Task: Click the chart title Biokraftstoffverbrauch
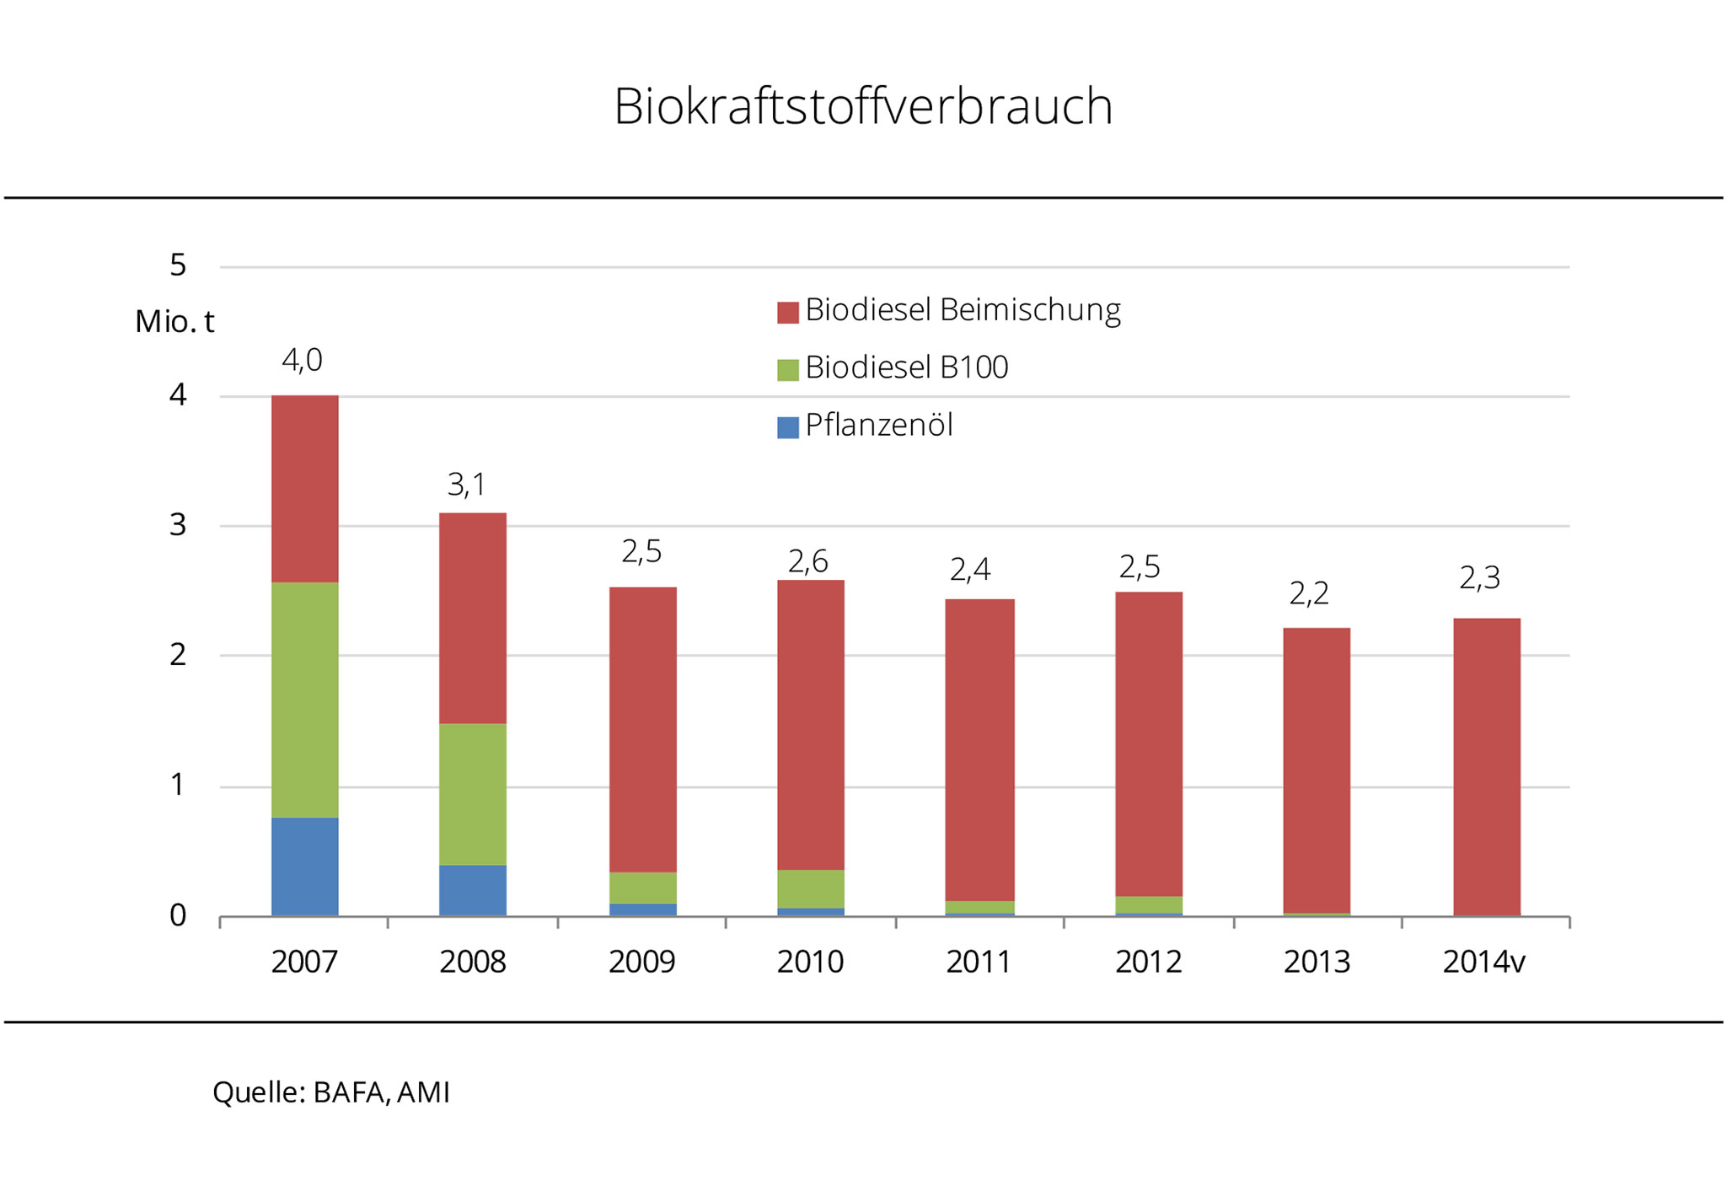coord(863,107)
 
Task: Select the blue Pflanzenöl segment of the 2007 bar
coord(304,866)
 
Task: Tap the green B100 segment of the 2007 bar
coord(304,700)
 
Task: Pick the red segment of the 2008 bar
coord(472,618)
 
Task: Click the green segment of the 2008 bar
coord(472,794)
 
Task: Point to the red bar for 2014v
coord(1486,767)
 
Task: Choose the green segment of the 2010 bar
coord(810,888)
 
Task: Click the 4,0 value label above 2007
coord(302,361)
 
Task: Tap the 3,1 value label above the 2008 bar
coord(466,485)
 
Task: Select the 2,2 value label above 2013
coord(1308,594)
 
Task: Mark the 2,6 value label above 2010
coord(807,561)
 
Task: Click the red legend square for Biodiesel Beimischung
coord(787,313)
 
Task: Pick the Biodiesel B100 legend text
coord(906,367)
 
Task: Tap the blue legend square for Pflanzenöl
coord(787,427)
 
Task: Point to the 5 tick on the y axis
coord(178,265)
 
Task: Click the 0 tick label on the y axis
coord(178,915)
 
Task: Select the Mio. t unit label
coord(174,321)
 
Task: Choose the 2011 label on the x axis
coord(978,962)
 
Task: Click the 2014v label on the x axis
coord(1483,962)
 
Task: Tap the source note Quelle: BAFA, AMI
coord(331,1092)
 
